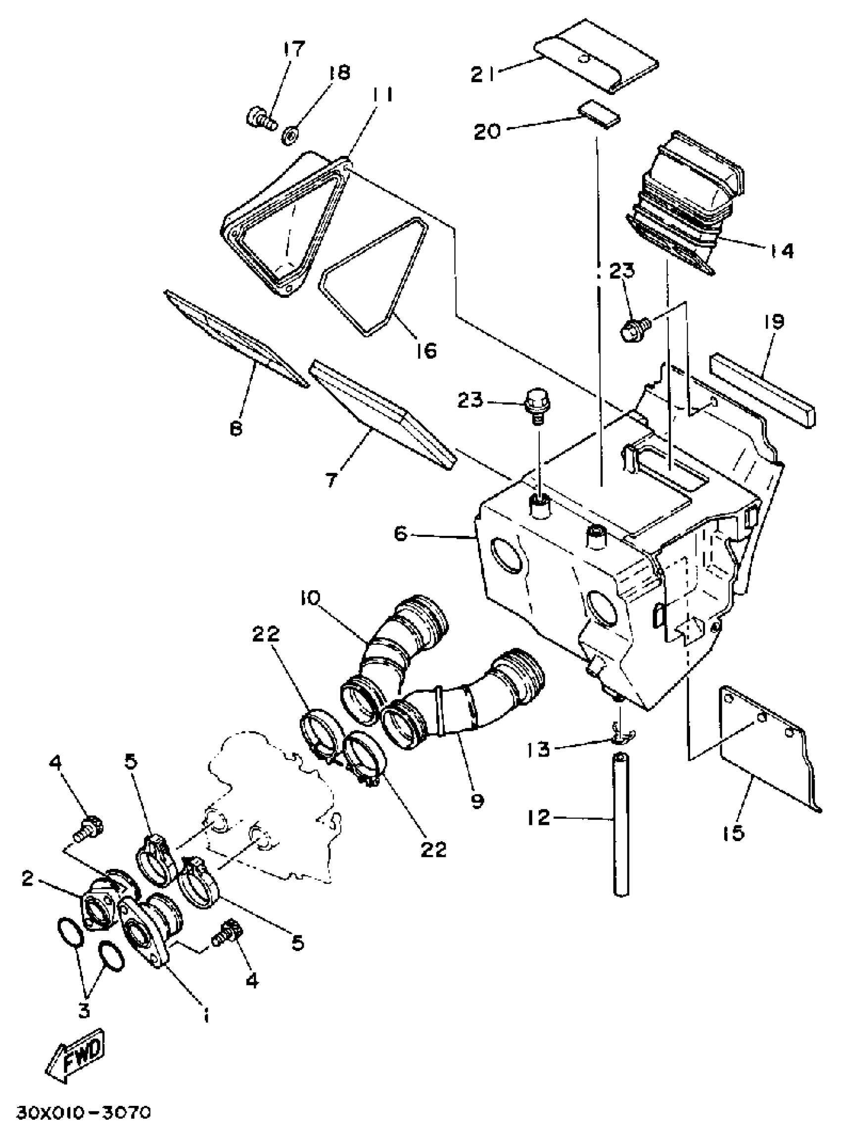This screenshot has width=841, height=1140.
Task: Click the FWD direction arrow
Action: (76, 1049)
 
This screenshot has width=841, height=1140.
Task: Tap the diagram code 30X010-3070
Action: (84, 1112)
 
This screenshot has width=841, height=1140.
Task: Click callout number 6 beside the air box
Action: (401, 534)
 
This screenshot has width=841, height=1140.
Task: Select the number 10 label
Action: (311, 598)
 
